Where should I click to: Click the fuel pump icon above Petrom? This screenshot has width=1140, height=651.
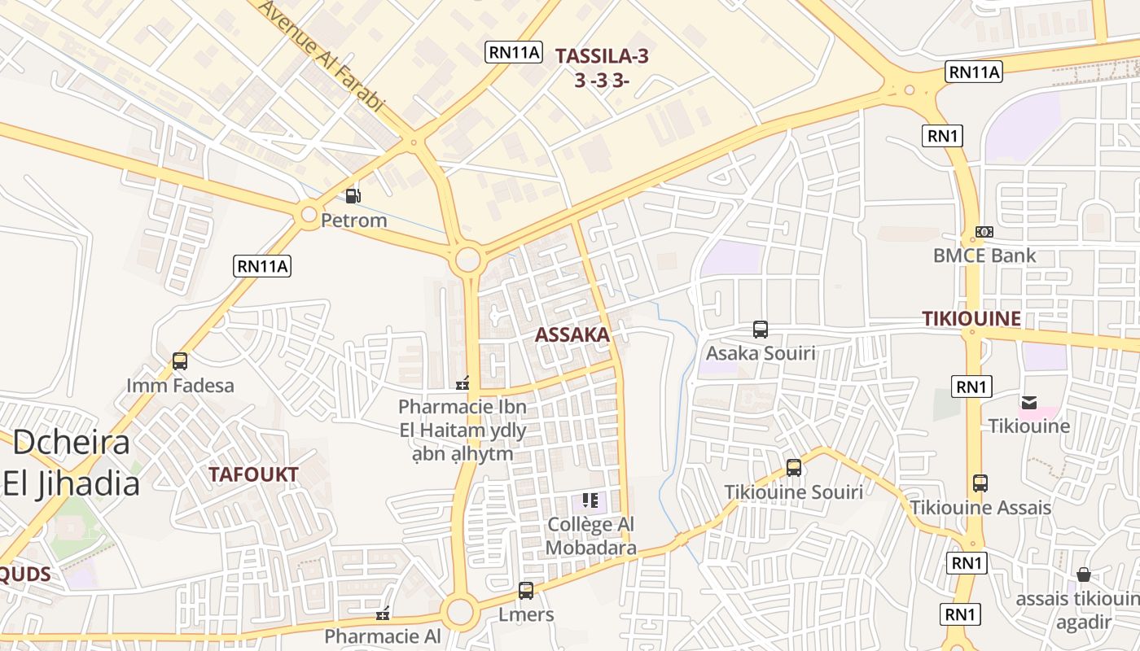(x=353, y=195)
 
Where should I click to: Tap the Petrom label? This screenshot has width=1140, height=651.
(x=353, y=221)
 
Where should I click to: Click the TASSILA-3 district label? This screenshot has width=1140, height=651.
(x=602, y=56)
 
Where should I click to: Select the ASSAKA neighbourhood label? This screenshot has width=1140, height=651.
(x=572, y=334)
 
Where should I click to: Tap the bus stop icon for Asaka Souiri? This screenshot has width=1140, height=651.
(x=761, y=330)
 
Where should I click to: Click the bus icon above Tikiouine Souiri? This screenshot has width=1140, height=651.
(x=794, y=468)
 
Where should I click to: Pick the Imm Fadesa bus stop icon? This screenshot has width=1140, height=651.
(x=180, y=361)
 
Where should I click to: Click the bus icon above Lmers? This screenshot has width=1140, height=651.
(x=526, y=591)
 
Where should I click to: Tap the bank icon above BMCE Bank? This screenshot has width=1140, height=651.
(x=984, y=232)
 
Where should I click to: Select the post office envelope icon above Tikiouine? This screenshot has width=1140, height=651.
(x=1029, y=402)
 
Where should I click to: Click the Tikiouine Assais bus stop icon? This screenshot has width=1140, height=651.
(x=980, y=483)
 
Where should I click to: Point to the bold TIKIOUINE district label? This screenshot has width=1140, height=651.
(x=971, y=318)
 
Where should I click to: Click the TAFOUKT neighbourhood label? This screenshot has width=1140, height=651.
(x=253, y=474)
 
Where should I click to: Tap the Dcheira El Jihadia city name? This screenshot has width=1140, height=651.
(x=72, y=463)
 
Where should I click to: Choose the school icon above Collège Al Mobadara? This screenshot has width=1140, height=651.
(x=590, y=500)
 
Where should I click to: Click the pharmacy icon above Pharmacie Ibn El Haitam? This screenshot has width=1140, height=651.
(x=463, y=382)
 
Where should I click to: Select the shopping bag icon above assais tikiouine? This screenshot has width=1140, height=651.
(x=1083, y=575)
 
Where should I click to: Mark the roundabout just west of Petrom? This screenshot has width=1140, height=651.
(x=309, y=215)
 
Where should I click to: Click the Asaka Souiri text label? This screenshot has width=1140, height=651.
(x=761, y=353)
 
